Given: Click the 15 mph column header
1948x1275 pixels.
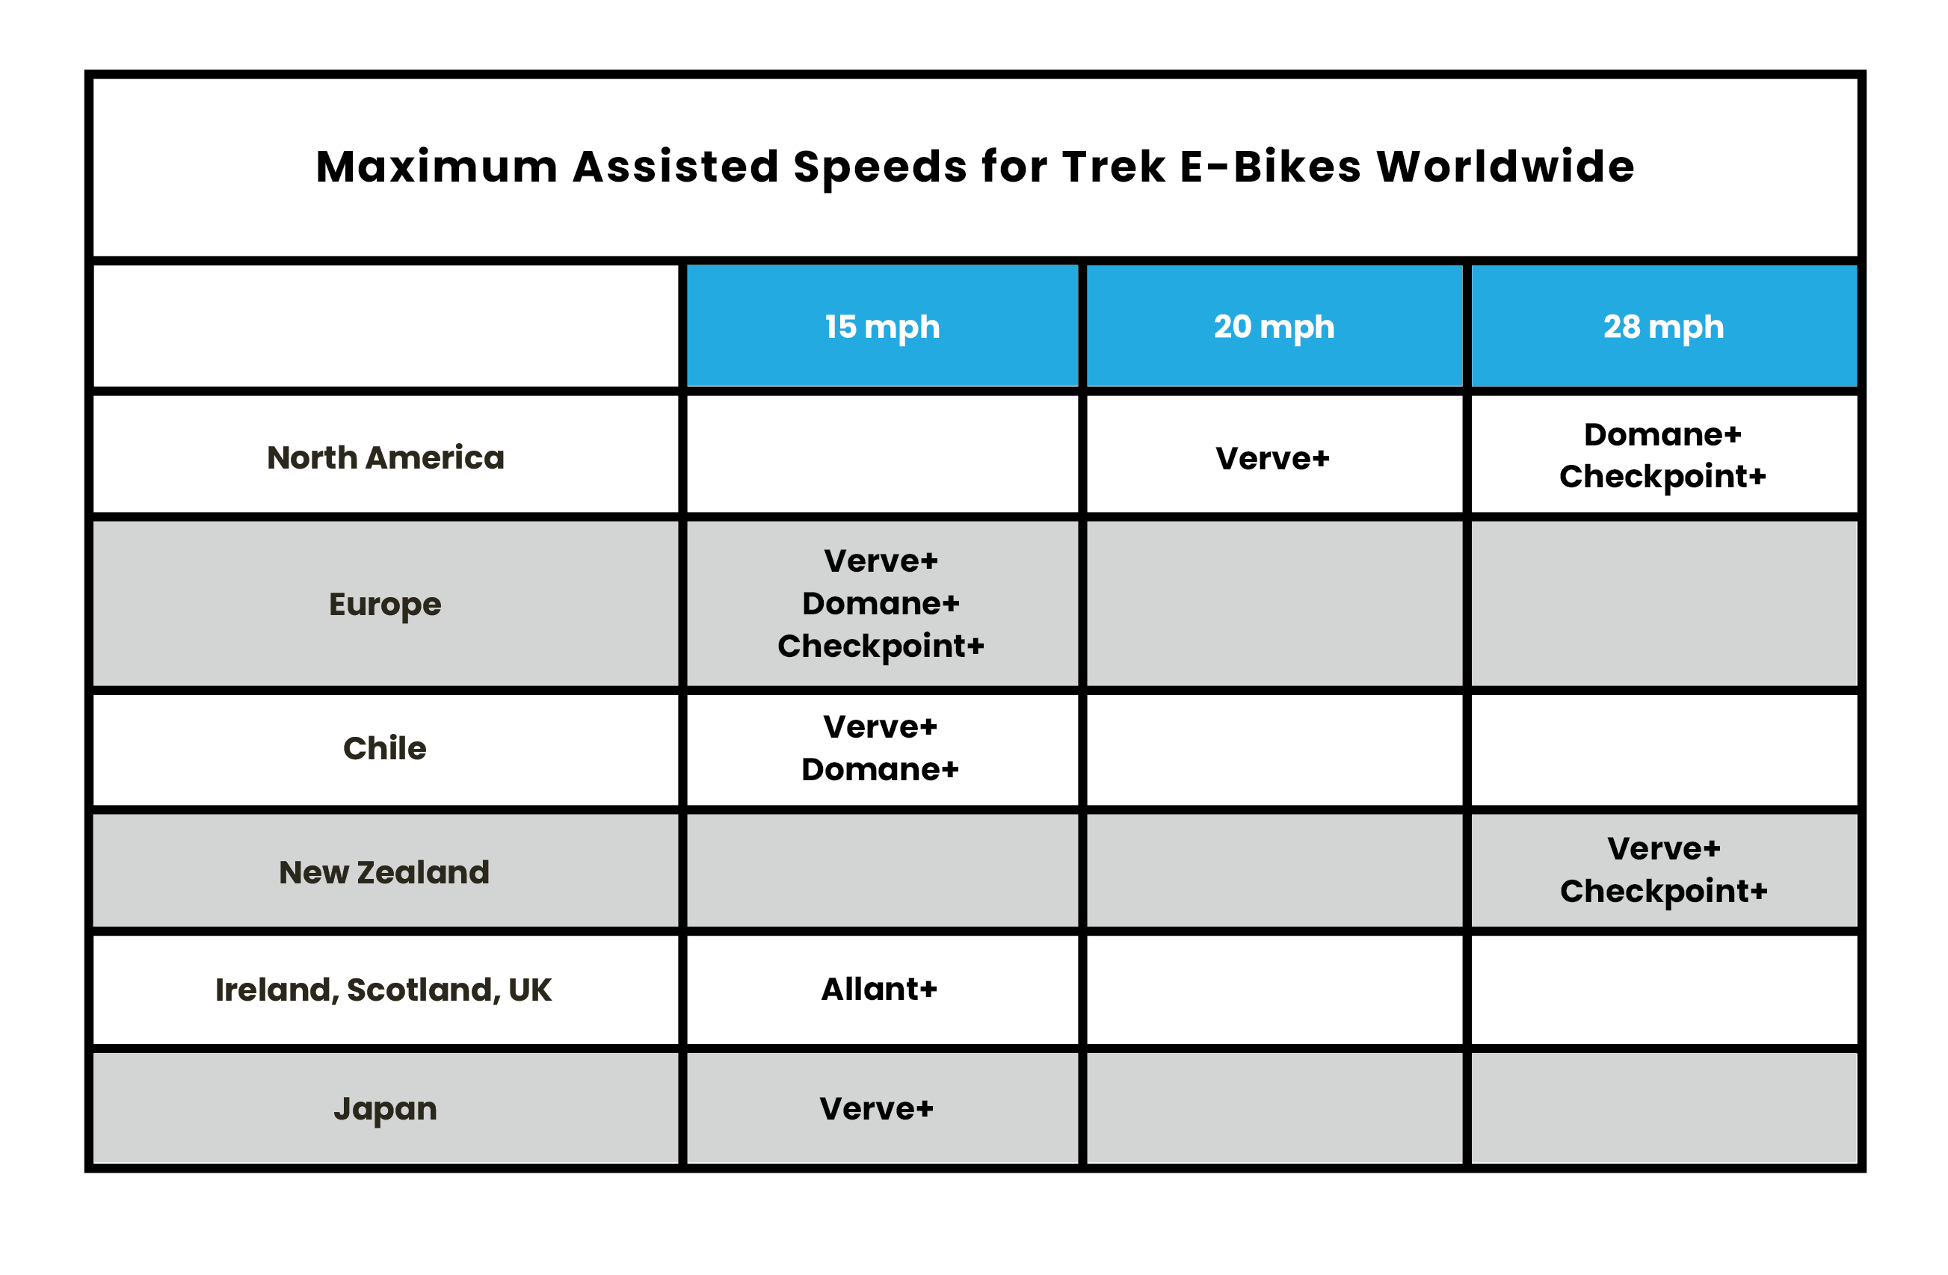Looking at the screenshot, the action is [x=882, y=327].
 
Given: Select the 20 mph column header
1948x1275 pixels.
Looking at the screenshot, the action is [x=1274, y=327].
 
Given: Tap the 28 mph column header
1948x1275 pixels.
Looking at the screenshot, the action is [x=1664, y=327].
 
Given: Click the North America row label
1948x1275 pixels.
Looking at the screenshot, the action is [x=386, y=457].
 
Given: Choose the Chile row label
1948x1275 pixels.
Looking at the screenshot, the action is [x=385, y=748].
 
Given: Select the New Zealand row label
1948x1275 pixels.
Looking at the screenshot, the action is [x=385, y=872].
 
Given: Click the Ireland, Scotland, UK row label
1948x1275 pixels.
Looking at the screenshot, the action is [x=383, y=990].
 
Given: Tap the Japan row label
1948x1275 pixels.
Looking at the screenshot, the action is [x=386, y=1110].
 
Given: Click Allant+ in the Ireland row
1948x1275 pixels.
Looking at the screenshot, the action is [x=879, y=990].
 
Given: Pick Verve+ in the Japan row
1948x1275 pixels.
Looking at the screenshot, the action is [x=877, y=1109].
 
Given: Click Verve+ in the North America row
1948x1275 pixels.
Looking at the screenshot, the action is [x=1273, y=458].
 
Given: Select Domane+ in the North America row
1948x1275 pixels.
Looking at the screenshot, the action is [x=1662, y=434].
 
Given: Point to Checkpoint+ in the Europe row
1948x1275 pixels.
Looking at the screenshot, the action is [x=881, y=646].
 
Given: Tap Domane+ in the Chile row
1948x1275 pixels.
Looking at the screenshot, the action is [x=880, y=769].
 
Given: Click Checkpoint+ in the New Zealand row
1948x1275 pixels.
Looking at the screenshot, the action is [x=1664, y=891].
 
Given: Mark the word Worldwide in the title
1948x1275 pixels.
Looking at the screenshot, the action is [x=1506, y=167].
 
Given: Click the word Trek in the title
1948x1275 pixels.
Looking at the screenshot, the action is [x=1114, y=167].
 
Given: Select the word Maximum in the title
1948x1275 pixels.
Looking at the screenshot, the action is [x=437, y=167].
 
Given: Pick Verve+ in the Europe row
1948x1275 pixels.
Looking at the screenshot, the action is [x=881, y=561].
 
